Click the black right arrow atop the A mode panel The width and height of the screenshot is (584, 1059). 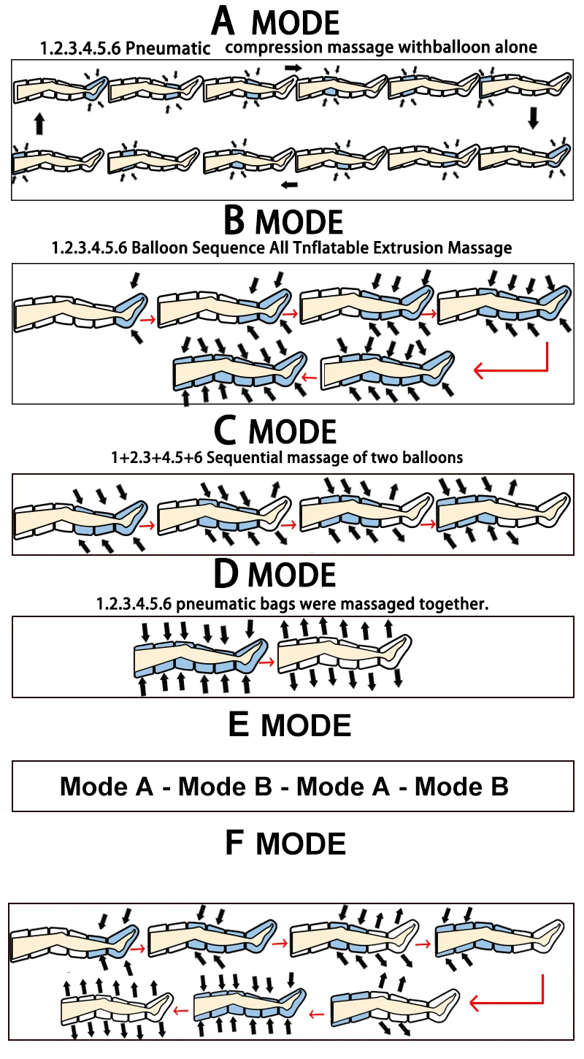coord(293,67)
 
